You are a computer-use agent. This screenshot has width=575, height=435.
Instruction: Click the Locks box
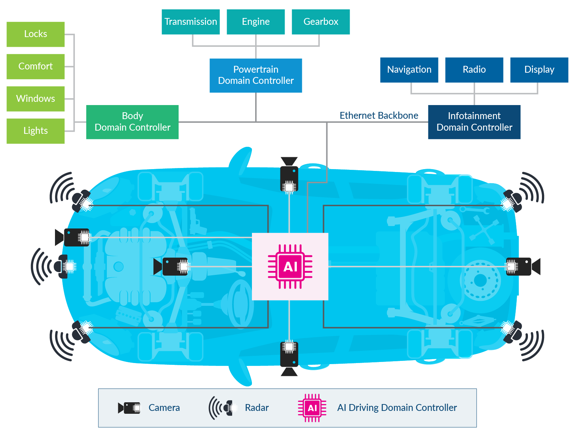coord(36,34)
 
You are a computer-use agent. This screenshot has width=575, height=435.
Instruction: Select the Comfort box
coord(36,67)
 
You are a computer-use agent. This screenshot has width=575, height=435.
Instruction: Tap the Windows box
coord(36,99)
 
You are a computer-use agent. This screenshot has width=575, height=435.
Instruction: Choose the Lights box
coord(36,131)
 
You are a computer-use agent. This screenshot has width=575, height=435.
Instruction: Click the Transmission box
coord(191,22)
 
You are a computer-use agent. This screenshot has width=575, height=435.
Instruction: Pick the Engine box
coord(256,22)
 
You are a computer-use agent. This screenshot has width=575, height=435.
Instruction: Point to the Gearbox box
coord(321,22)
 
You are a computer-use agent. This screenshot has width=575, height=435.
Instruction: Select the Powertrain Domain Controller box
coord(256,75)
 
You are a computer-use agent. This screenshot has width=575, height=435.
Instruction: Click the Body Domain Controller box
coord(132,122)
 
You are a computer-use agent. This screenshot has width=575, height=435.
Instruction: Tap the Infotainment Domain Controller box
coord(474,122)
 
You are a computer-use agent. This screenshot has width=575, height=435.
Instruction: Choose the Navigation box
coord(409,70)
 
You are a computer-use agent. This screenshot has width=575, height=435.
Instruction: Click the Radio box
coord(474,70)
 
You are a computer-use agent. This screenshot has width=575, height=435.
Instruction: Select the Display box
coord(539,70)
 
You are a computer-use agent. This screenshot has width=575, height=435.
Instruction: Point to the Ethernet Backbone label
coord(379,115)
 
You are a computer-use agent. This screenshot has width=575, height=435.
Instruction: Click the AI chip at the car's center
coord(290,267)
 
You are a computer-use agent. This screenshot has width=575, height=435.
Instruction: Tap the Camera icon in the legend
coord(129,408)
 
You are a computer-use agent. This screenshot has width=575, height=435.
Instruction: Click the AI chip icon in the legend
coord(312,408)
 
